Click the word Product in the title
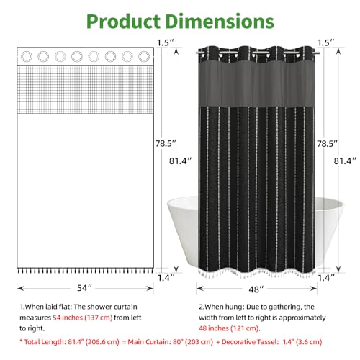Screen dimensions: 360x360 click(x=123, y=22)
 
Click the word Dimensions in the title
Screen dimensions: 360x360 click(x=220, y=22)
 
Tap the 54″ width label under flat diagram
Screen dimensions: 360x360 click(x=84, y=288)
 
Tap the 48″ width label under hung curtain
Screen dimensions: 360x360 click(x=256, y=289)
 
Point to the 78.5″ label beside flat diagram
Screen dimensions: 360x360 click(x=166, y=143)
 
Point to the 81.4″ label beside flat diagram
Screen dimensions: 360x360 click(x=180, y=161)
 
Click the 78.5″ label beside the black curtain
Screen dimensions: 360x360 click(x=327, y=143)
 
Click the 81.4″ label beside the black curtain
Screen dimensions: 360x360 click(x=345, y=161)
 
